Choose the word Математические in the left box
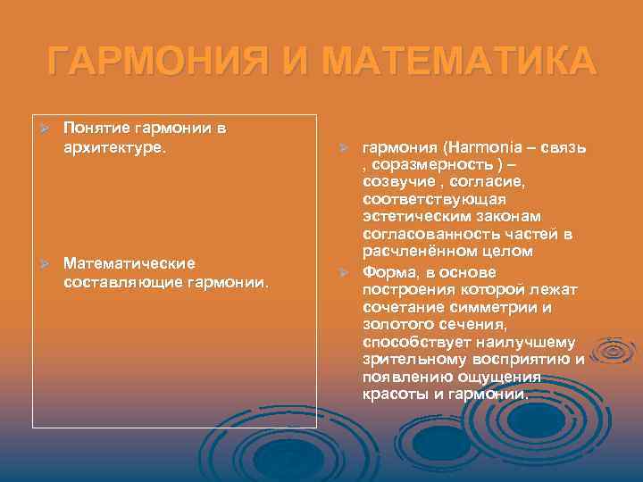click(x=129, y=264)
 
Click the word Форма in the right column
click(x=387, y=271)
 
